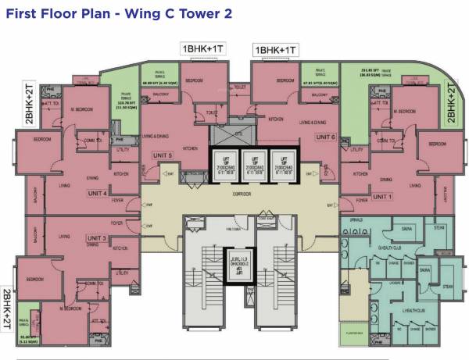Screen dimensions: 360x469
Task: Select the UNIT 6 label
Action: (325, 137)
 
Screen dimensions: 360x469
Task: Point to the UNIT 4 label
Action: (97, 193)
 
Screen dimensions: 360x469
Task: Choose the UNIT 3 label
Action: (97, 237)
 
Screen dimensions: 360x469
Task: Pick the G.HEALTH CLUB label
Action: (388, 248)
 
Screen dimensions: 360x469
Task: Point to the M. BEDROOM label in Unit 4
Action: (83, 110)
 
